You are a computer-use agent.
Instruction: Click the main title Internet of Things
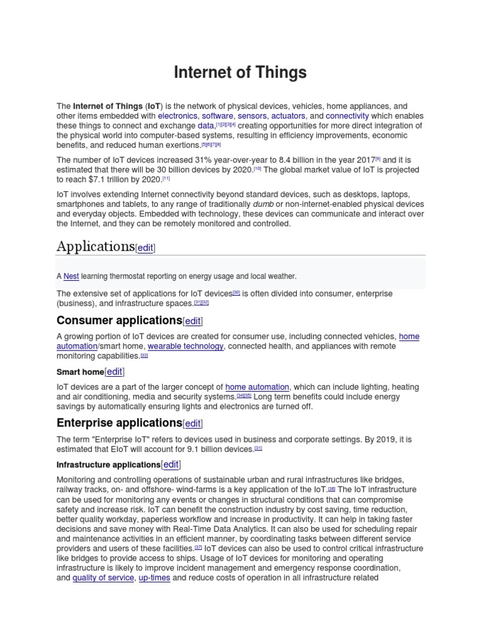(240, 73)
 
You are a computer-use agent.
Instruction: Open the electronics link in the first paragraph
(178, 116)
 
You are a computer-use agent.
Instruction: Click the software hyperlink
(217, 116)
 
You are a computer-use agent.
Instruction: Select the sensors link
(252, 116)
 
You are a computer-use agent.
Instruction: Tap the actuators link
(289, 116)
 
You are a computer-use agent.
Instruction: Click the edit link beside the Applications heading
(145, 248)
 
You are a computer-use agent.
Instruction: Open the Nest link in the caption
(71, 276)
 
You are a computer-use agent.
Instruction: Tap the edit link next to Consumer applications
(193, 322)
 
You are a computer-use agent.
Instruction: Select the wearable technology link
(185, 346)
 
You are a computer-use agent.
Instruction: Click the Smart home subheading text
(80, 372)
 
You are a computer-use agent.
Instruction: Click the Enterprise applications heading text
(119, 423)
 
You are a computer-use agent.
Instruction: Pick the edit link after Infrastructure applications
(171, 465)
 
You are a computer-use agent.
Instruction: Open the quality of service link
(103, 577)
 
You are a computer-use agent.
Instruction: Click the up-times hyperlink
(154, 577)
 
